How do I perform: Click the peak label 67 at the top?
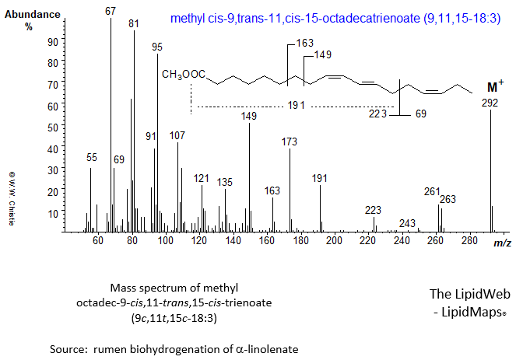(x=111, y=11)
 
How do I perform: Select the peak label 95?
(x=157, y=47)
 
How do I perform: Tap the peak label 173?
(x=290, y=142)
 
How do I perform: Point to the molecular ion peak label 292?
(x=490, y=103)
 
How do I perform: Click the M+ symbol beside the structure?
(x=492, y=86)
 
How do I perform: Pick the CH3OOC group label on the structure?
(x=184, y=75)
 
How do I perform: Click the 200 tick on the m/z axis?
(x=335, y=242)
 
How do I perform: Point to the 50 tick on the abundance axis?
(x=74, y=127)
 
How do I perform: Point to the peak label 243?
(x=406, y=223)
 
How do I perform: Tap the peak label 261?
(x=432, y=191)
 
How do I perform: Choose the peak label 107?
(x=177, y=135)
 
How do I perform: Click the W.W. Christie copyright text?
(x=12, y=197)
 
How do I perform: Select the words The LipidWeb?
(x=465, y=295)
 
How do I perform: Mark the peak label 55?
(x=92, y=157)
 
